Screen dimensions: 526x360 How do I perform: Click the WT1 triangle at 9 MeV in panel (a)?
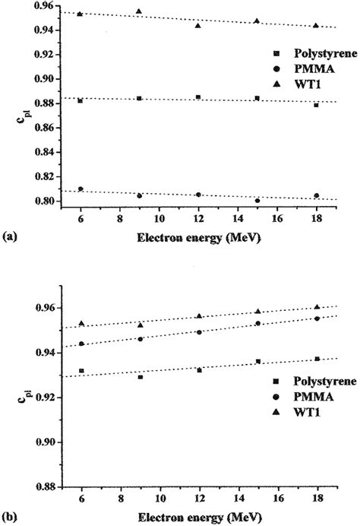[139, 11]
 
